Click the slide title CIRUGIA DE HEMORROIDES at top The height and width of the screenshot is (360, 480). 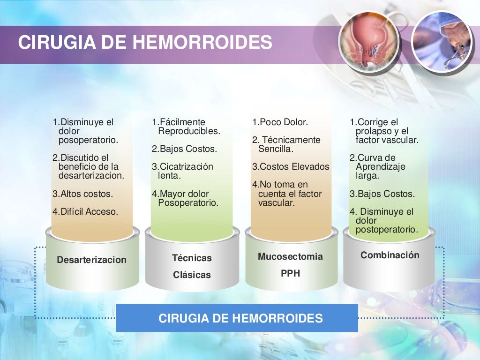145,42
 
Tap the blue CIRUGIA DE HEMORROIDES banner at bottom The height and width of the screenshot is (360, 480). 240,319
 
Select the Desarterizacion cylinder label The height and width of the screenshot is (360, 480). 91,260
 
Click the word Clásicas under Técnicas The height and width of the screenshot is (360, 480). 192,275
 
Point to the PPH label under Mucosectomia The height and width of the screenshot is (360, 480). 290,273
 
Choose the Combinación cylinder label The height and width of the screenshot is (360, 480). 390,255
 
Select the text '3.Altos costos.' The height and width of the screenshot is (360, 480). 82,194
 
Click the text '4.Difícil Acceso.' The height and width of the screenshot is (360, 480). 85,211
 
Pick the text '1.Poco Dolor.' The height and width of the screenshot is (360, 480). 280,122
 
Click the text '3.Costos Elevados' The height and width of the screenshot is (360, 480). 291,167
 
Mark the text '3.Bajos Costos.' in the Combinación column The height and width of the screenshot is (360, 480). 382,194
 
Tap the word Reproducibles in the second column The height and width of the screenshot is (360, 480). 189,131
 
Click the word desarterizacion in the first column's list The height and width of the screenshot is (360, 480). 91,176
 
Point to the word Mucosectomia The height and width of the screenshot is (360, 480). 290,256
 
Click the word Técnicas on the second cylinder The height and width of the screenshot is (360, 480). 192,258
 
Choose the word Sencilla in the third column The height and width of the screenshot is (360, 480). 275,149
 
